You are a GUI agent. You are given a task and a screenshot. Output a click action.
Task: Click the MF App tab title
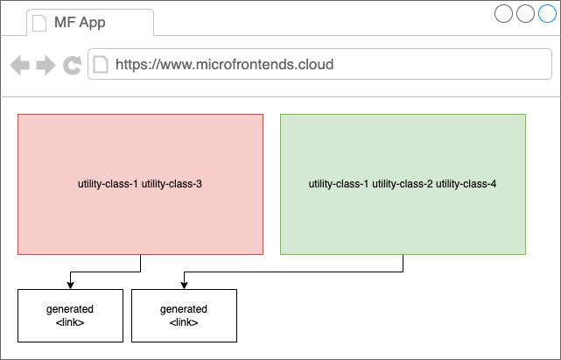coord(80,22)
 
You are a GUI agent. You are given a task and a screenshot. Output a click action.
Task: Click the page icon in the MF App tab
coord(39,23)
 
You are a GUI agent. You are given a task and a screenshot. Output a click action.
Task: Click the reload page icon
coord(73,65)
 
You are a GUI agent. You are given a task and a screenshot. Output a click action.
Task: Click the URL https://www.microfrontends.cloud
coord(224,65)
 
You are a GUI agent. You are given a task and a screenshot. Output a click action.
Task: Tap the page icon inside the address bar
coord(101,65)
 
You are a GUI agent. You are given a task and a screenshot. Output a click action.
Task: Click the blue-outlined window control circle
coord(547,13)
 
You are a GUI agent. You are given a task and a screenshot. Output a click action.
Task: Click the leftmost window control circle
coord(503,13)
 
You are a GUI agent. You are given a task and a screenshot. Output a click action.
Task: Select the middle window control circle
coord(525,13)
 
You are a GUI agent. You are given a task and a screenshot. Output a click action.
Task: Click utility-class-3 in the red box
coord(172,184)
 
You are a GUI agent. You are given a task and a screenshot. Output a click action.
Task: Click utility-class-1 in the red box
coord(108,184)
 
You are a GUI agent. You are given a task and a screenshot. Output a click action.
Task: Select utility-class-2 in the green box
coord(403,184)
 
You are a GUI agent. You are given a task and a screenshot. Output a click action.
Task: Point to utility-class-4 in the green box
coord(466,184)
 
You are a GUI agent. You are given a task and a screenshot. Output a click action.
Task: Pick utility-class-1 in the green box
coord(339,184)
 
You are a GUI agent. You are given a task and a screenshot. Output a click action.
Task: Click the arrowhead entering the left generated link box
coord(71,286)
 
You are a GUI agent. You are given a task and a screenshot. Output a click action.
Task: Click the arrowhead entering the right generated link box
coord(185,286)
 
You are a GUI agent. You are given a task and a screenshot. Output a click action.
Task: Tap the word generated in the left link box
coord(70,309)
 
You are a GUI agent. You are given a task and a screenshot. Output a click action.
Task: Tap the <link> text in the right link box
coord(184,322)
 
